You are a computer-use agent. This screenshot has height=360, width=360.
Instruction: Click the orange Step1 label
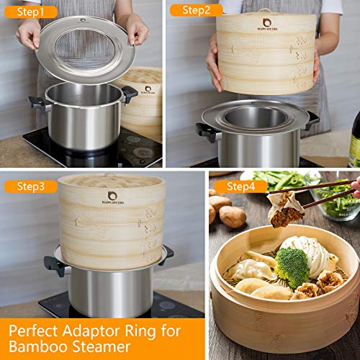click(30, 12)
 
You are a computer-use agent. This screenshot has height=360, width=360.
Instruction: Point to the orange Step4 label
click(238, 186)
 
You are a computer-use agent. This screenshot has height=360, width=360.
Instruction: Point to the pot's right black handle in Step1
click(129, 94)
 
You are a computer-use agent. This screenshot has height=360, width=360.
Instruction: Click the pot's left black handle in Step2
click(205, 132)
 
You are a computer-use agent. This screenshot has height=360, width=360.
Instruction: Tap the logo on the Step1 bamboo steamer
click(148, 90)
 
